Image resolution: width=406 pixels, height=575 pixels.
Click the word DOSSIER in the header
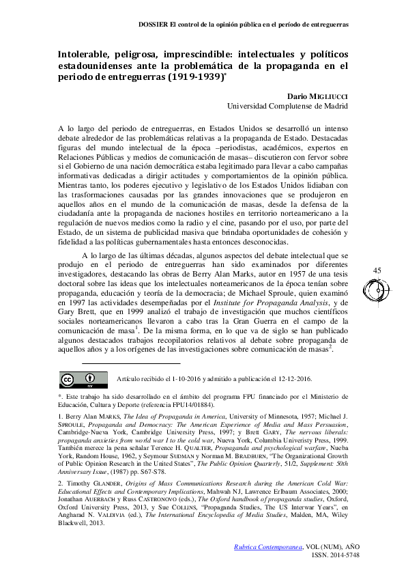tap(154, 23)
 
